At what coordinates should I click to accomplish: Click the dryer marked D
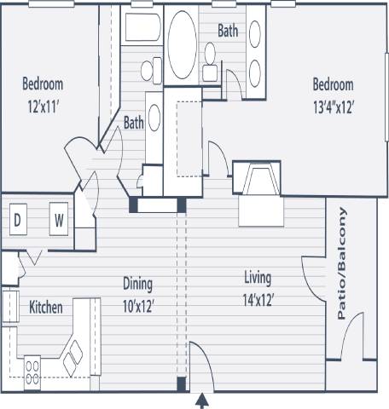pyautogui.click(x=17, y=220)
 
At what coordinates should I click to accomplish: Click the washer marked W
pyautogui.click(x=60, y=220)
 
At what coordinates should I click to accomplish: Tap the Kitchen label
pyautogui.click(x=46, y=307)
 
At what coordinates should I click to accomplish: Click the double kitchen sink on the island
pyautogui.click(x=73, y=352)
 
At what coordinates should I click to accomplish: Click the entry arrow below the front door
pyautogui.click(x=202, y=400)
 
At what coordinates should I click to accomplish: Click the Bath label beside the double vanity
pyautogui.click(x=228, y=32)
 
